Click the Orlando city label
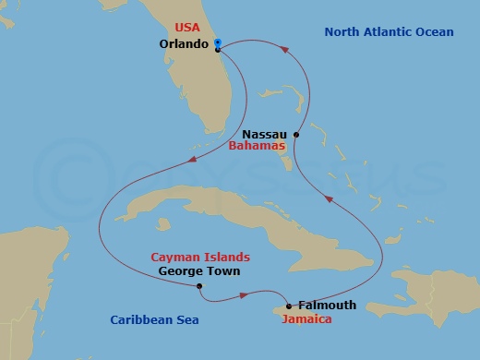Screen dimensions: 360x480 point(184,43)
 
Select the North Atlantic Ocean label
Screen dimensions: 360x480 point(389,32)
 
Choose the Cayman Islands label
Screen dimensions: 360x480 point(201,257)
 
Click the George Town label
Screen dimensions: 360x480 point(199,271)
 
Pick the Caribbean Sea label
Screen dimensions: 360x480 point(155,320)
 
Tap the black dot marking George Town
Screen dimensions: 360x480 point(200,286)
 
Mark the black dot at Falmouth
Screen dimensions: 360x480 point(289,306)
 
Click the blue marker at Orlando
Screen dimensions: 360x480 point(216,42)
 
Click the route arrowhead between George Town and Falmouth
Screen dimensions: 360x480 point(243,295)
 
